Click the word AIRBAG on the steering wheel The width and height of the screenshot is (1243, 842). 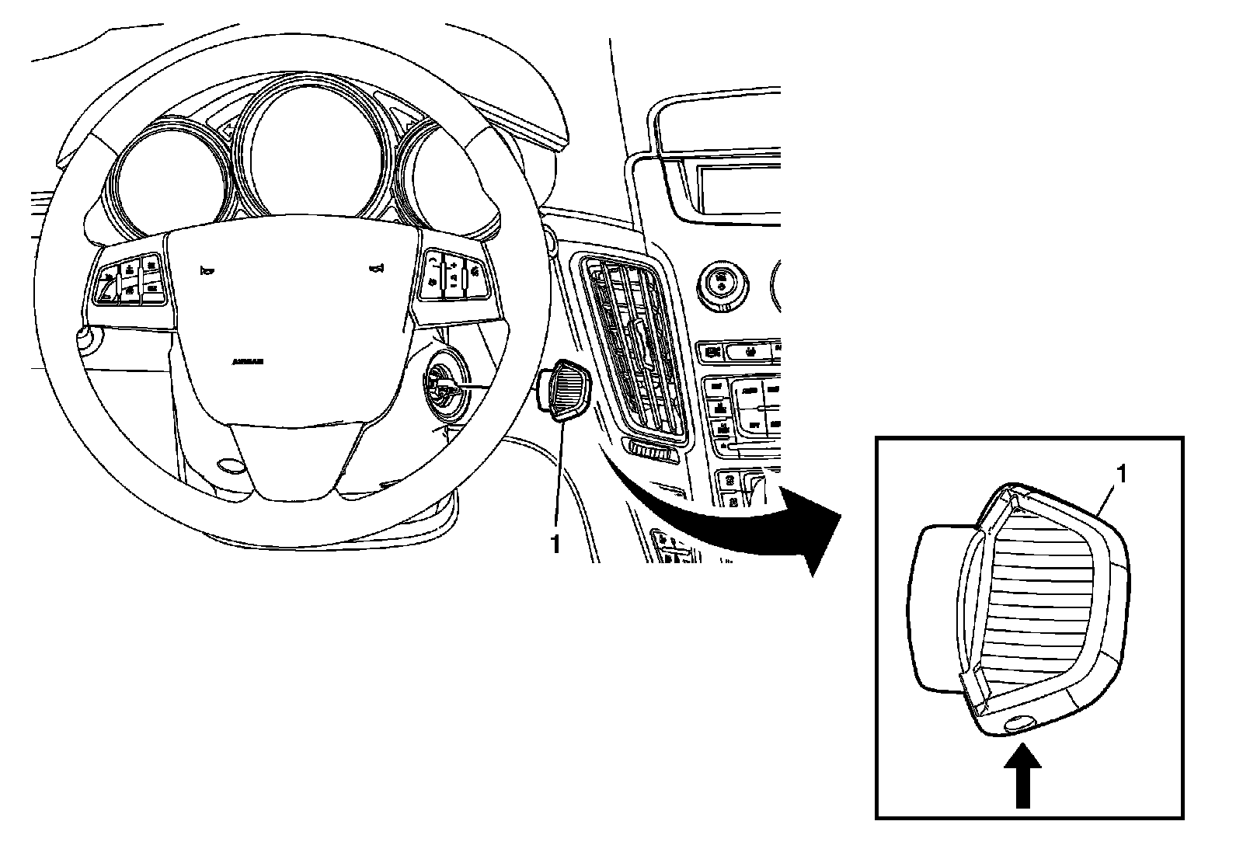(x=248, y=362)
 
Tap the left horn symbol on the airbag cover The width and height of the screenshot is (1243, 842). (x=207, y=271)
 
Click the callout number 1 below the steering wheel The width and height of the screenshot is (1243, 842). (x=555, y=545)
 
